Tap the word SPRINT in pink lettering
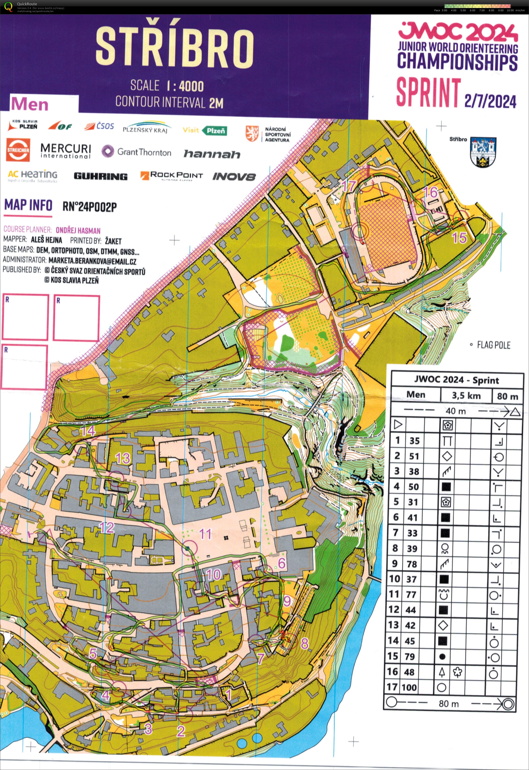429,92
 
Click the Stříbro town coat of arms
483,152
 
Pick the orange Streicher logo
18,150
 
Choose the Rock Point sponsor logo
171,175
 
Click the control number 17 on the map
349,186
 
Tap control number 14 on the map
88,431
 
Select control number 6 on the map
282,563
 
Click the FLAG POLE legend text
493,345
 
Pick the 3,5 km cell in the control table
466,395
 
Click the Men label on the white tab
30,104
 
